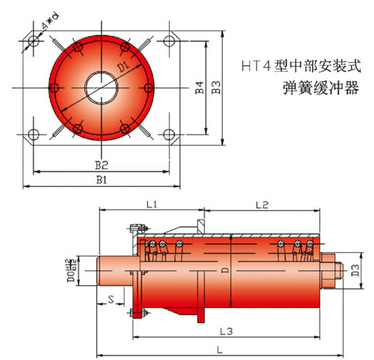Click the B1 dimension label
click(102, 180)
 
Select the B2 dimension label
click(102, 164)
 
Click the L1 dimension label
click(150, 204)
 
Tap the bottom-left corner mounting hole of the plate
click(32, 135)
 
